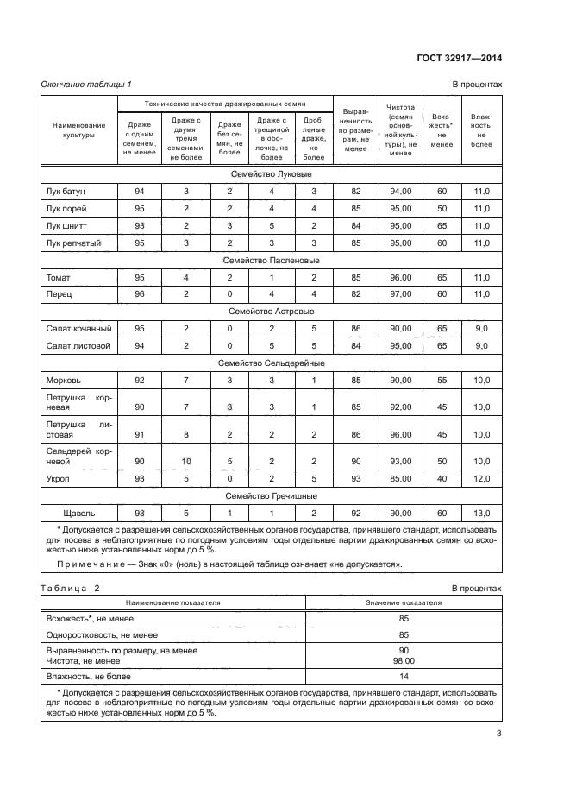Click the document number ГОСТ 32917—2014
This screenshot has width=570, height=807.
pos(460,58)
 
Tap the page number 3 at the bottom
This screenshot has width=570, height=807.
pos(498,734)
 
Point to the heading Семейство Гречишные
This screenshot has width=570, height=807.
pos(271,495)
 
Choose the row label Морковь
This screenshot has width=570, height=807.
pos(63,380)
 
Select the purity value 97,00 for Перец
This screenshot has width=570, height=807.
pos(400,294)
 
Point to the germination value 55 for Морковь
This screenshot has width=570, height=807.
pos(442,380)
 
